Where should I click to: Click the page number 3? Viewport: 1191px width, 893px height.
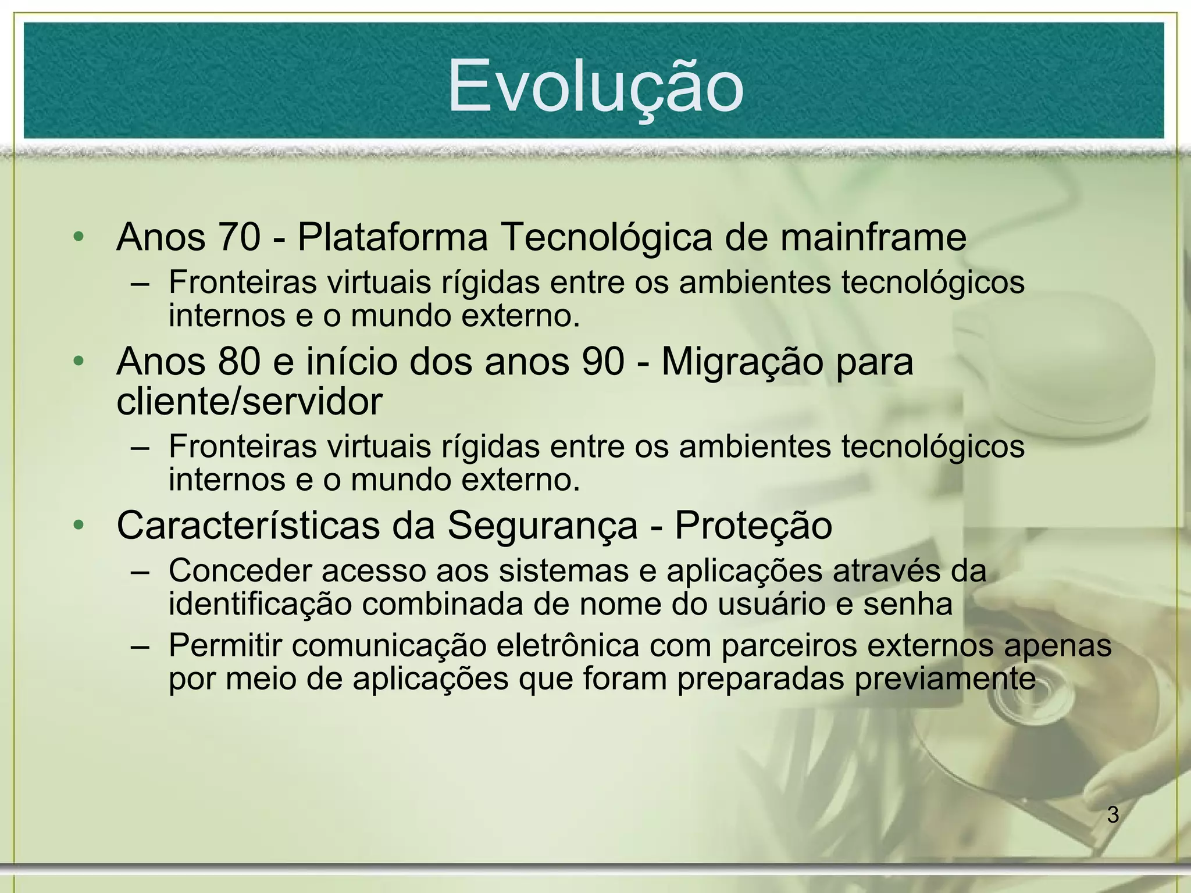(x=1112, y=815)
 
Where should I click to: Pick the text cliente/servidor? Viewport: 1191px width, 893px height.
(x=249, y=401)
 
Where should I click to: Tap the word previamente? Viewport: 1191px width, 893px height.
(x=945, y=680)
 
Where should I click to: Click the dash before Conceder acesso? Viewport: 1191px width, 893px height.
(x=140, y=571)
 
